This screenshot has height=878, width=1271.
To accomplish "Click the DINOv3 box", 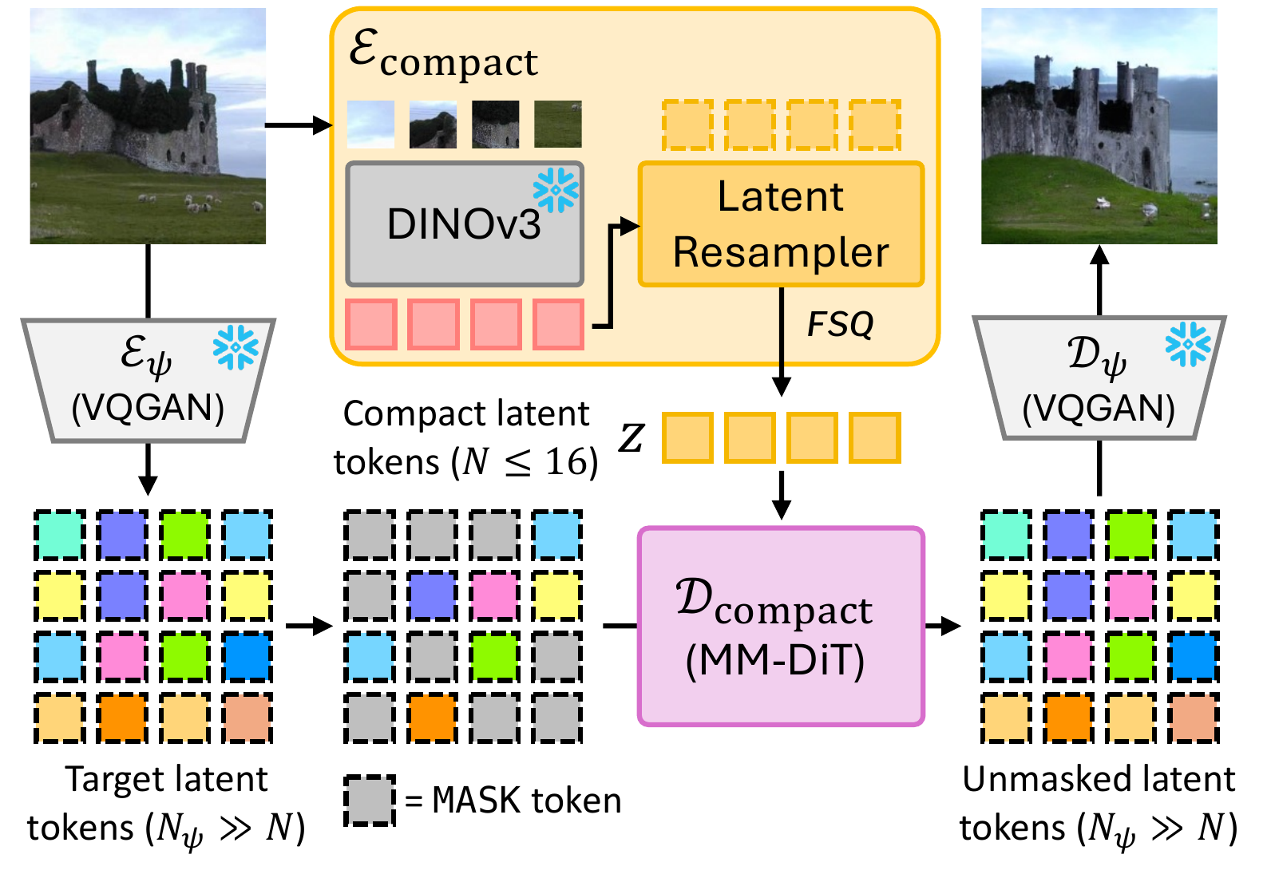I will click(x=464, y=224).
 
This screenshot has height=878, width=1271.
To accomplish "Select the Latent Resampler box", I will click(x=781, y=224).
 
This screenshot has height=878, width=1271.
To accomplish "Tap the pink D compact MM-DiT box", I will click(x=780, y=627).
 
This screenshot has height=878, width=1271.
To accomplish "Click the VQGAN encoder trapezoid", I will click(x=148, y=380).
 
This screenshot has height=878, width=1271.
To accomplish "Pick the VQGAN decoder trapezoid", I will click(x=1099, y=378).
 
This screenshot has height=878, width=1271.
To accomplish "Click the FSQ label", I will click(x=840, y=325).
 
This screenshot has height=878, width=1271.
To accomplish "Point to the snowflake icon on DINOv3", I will click(x=556, y=190).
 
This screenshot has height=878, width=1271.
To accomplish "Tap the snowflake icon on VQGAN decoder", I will click(x=1187, y=344).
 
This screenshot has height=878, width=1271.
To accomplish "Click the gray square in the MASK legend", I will click(x=370, y=801).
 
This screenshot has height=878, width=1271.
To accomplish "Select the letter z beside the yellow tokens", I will click(x=631, y=437).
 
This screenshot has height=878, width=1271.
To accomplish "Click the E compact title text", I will click(x=444, y=54).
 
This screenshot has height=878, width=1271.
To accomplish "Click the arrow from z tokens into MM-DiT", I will click(x=782, y=495).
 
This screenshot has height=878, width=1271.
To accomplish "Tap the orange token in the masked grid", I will click(x=432, y=718).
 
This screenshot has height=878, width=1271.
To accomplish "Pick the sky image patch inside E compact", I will click(x=370, y=125).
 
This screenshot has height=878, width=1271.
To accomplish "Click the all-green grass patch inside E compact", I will click(x=557, y=125).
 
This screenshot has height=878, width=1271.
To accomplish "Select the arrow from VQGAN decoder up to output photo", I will click(x=1099, y=279).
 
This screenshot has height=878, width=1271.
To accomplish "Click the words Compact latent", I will click(x=465, y=414).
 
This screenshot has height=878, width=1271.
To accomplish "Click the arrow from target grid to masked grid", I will click(x=309, y=627).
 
